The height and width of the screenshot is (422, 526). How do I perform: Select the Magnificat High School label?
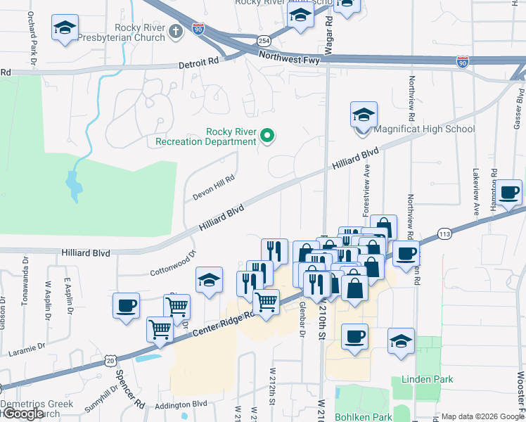424,129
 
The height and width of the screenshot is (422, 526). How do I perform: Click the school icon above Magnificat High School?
364,115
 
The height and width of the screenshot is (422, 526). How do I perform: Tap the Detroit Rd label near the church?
199,63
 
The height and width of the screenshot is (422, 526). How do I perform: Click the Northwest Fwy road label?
290,60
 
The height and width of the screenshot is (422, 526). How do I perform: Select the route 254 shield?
263,41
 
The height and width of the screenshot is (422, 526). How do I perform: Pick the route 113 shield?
444,234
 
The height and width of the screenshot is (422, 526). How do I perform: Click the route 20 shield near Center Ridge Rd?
110,359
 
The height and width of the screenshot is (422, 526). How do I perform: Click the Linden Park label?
427,379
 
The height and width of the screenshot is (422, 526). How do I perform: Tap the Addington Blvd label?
181,404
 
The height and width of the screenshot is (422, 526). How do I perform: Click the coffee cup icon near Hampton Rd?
509,192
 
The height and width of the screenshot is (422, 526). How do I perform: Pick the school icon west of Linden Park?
401,342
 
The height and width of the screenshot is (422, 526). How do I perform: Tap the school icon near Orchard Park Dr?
65,29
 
